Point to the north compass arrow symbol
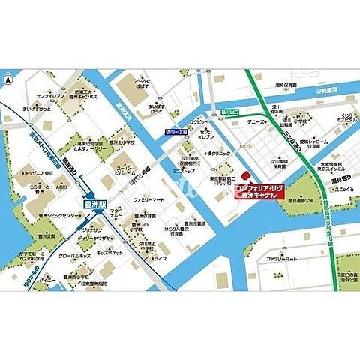pos(9,78)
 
